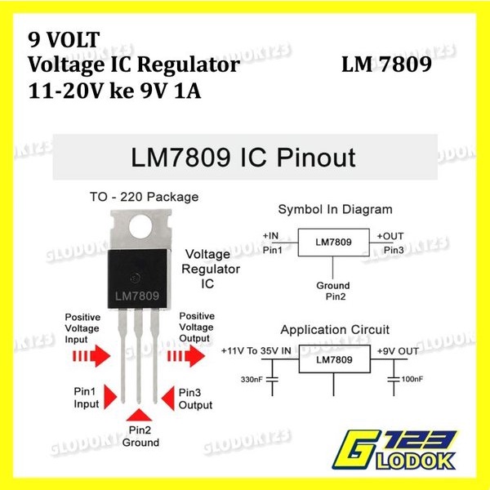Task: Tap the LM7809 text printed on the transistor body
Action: (x=136, y=294)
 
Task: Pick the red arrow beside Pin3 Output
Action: (x=168, y=398)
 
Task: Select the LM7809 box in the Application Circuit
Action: (x=333, y=359)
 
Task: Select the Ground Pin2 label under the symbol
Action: (x=332, y=292)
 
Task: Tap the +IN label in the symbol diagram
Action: (x=271, y=235)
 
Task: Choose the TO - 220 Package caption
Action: (x=143, y=197)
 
